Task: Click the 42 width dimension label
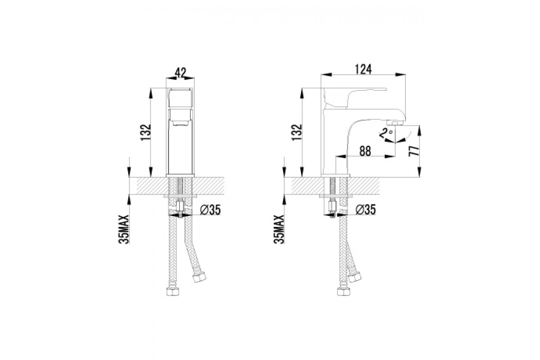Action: tap(180, 72)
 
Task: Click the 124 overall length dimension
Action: tap(363, 69)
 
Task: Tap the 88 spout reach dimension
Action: tap(365, 151)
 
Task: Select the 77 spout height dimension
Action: tap(414, 151)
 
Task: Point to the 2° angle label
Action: tap(386, 133)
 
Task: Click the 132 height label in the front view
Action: tap(146, 132)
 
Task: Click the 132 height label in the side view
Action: tap(297, 132)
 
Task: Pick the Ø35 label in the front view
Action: tap(210, 210)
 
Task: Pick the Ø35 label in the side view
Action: tap(365, 210)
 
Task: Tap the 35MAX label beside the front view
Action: tap(124, 229)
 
